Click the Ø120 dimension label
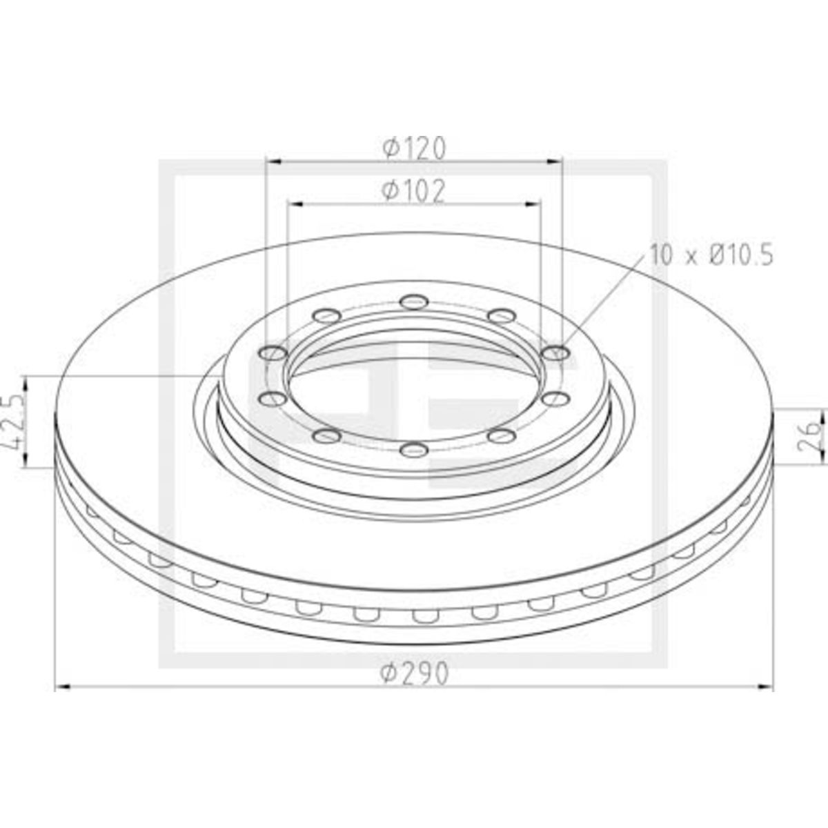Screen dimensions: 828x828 [x=414, y=148]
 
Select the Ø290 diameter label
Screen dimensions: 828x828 [x=415, y=673]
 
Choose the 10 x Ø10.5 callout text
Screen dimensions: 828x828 [x=711, y=255]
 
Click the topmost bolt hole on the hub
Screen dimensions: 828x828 [x=414, y=302]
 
